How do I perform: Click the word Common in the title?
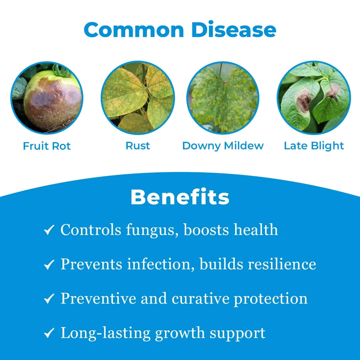(x=134, y=30)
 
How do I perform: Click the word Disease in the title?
(x=234, y=30)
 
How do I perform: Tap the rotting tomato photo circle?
(x=47, y=98)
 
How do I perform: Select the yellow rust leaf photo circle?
(x=138, y=98)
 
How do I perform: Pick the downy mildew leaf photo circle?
(x=223, y=98)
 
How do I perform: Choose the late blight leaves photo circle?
(x=314, y=98)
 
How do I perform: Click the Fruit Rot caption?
(x=47, y=146)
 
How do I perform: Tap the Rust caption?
(x=138, y=146)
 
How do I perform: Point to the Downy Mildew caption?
(x=223, y=146)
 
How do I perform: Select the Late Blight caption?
(x=314, y=146)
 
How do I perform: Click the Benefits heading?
(x=180, y=197)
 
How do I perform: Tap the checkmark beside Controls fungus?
(x=49, y=230)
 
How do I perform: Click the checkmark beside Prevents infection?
(x=49, y=265)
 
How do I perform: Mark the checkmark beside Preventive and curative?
(x=49, y=299)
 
